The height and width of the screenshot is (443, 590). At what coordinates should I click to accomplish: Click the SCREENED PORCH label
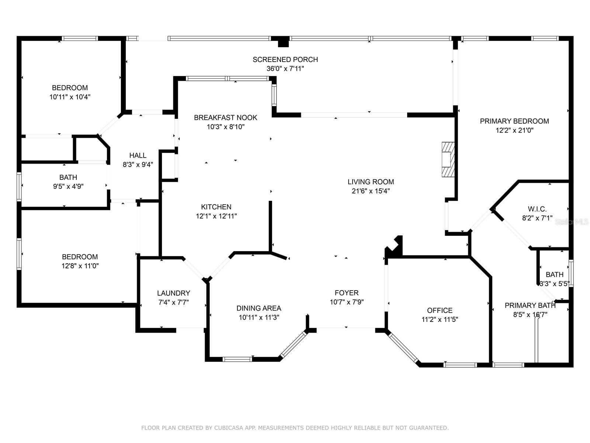point(285,59)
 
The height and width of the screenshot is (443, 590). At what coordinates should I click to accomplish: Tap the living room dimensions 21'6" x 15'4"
point(371,191)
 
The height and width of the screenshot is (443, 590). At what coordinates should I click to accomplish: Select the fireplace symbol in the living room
point(448,159)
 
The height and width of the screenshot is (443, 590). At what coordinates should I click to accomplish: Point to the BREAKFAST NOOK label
point(226,117)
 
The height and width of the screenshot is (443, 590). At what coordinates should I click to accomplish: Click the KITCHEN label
point(216,207)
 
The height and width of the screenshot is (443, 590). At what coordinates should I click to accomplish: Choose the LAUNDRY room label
point(174,293)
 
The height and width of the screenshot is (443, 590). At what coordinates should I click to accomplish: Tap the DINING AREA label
point(259,308)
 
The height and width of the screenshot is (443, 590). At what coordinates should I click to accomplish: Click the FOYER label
point(347,293)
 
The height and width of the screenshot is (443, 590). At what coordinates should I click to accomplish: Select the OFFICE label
point(440,310)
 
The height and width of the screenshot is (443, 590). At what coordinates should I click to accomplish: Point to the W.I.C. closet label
point(537,209)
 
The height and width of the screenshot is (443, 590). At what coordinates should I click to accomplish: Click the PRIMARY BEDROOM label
point(514,121)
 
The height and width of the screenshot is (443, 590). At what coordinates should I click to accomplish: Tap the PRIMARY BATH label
point(530,305)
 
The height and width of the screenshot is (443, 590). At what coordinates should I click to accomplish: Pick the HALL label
point(138,155)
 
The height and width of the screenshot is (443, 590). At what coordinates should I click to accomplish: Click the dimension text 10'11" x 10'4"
point(70,97)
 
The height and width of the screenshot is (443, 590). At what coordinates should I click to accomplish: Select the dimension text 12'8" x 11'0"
point(80,266)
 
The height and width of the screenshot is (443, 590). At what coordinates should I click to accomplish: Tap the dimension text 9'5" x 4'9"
point(68,186)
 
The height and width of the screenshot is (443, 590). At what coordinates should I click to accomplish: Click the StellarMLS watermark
point(572,221)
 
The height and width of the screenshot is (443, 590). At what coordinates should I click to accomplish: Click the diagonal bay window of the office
point(403,348)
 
